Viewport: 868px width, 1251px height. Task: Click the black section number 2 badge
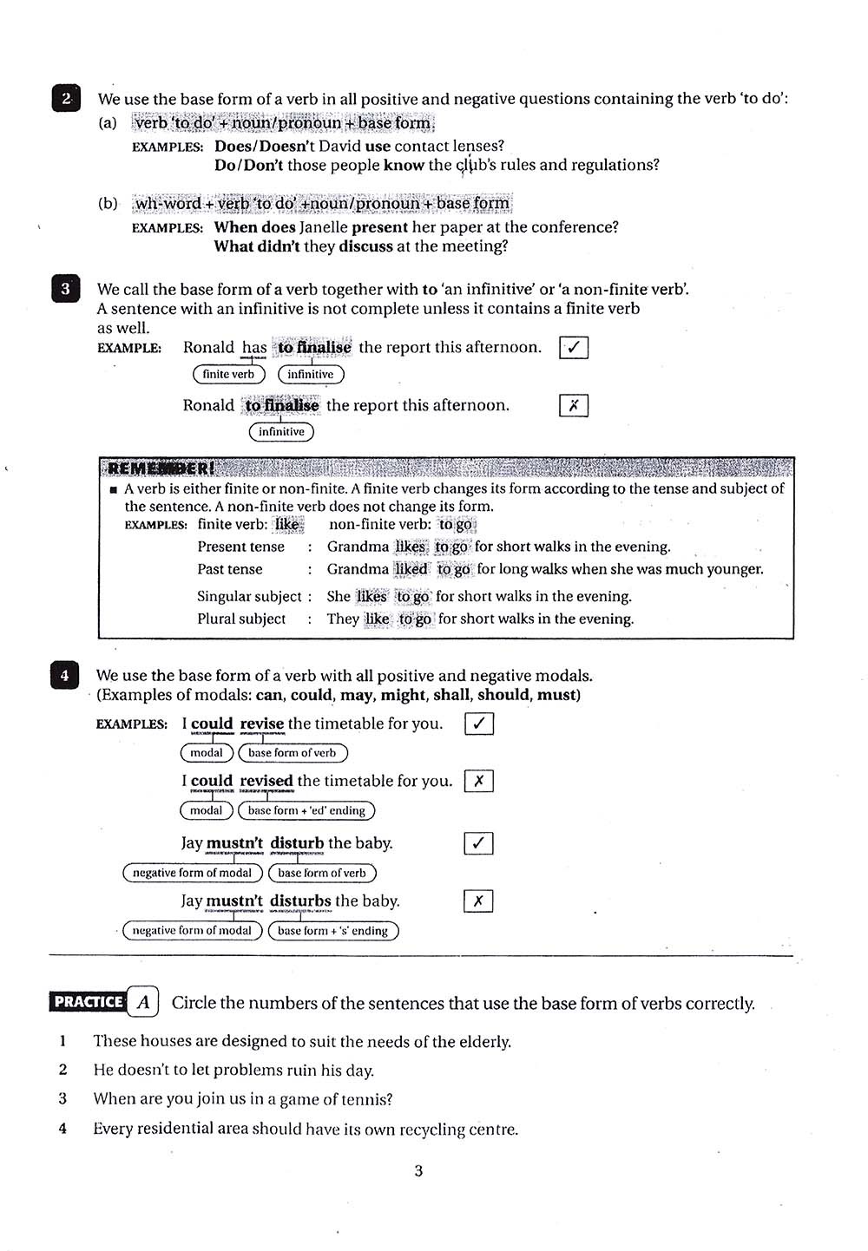(x=66, y=98)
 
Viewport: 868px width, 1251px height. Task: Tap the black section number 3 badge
(x=65, y=289)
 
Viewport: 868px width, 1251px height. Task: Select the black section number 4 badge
(x=64, y=675)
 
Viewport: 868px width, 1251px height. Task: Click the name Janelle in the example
(x=325, y=227)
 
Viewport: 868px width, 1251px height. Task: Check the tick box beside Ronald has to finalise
(x=574, y=348)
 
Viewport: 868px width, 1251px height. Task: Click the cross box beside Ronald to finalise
(x=574, y=405)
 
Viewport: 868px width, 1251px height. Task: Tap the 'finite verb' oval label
(x=228, y=374)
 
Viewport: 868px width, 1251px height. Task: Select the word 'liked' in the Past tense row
(x=411, y=569)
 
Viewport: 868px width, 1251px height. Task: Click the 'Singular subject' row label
(x=249, y=596)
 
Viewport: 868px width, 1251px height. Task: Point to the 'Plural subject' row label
(x=241, y=619)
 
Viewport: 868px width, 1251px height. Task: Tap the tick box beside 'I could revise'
(x=479, y=724)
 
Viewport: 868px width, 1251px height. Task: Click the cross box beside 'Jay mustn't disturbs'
(x=478, y=901)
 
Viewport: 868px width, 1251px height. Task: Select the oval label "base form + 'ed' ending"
(x=306, y=810)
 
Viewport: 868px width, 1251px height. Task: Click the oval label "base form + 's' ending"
(x=332, y=931)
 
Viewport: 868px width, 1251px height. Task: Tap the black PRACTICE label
(x=88, y=1002)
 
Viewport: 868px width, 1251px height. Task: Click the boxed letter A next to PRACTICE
(x=143, y=1003)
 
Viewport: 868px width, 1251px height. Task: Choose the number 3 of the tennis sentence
(x=62, y=1098)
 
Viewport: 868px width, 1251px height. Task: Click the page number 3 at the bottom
(x=418, y=1170)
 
